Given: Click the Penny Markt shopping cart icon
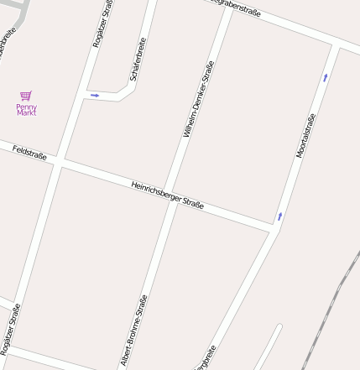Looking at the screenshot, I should [x=26, y=96].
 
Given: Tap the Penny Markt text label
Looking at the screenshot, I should [x=26, y=109].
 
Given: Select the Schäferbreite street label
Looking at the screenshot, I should [x=138, y=60].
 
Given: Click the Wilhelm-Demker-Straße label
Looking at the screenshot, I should [x=198, y=99].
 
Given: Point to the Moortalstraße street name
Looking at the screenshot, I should [x=305, y=136].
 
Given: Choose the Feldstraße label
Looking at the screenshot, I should [x=29, y=151].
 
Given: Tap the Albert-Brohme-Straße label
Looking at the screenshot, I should [x=134, y=330].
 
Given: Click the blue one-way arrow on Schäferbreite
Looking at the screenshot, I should [x=95, y=96].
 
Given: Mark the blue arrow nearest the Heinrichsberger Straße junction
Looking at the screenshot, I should [x=280, y=216].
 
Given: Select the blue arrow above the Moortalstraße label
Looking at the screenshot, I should [x=325, y=78].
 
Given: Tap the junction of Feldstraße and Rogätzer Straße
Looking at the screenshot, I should [x=59, y=161].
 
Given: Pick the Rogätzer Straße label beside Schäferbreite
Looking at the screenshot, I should [x=102, y=25].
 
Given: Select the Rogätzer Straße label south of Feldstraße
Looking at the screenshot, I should [x=10, y=330].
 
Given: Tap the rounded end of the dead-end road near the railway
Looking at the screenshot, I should [x=279, y=326].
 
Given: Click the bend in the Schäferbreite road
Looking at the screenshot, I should [x=130, y=87].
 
